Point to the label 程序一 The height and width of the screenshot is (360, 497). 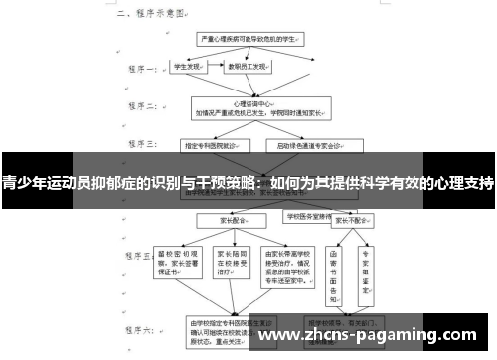[138, 71]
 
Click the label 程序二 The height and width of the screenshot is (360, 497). [138, 110]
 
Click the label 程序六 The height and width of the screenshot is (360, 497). [138, 328]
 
